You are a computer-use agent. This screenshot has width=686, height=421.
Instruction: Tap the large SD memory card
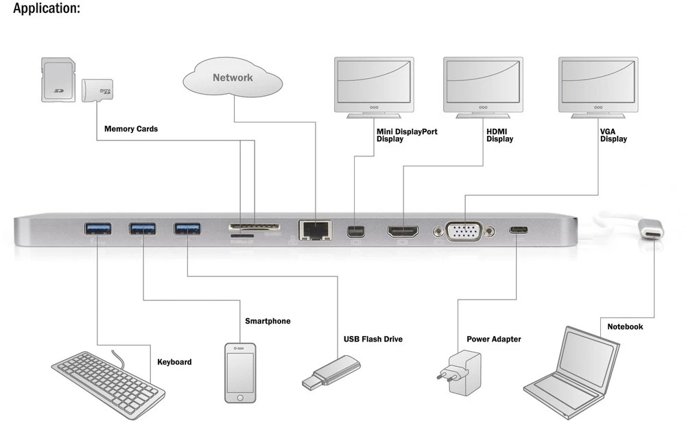58,80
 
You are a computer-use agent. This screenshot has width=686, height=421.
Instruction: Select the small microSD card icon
97,90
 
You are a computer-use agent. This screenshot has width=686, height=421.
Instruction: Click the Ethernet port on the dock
315,229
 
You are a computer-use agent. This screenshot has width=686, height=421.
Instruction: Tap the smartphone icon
240,372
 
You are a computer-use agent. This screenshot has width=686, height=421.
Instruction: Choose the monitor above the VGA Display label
598,86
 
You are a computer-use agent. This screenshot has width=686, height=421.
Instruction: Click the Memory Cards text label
131,128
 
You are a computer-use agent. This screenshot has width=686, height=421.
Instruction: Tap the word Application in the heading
46,9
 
